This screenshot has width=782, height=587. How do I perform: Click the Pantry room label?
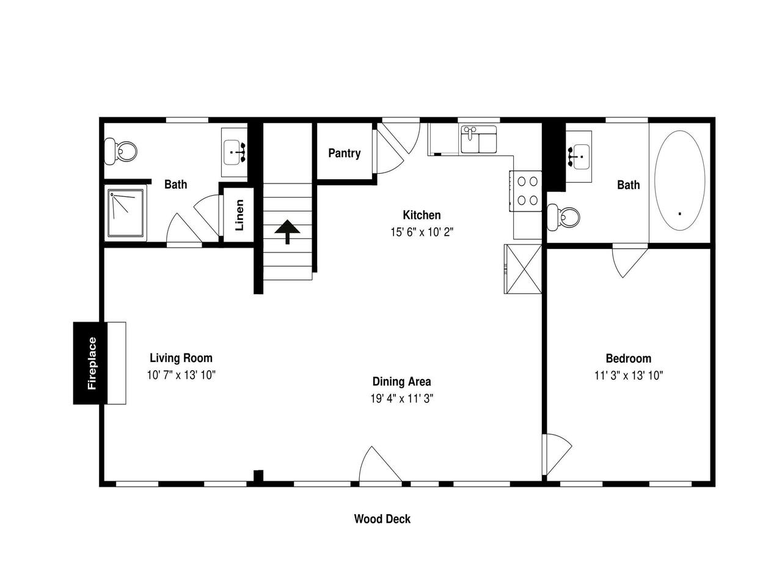[x=344, y=153]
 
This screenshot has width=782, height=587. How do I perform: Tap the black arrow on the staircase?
[x=287, y=231]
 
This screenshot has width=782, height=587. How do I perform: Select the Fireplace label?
[x=92, y=363]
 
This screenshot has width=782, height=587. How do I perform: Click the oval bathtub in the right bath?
[x=679, y=180]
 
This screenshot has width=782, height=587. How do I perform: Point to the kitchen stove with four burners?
[x=525, y=191]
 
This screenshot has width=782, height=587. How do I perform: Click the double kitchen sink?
[x=478, y=139]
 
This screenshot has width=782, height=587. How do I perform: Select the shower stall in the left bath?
[x=126, y=213]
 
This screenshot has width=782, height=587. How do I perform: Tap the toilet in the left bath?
[x=120, y=152]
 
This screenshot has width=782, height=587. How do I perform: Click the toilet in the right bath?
[x=563, y=216]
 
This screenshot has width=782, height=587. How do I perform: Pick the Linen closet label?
[x=239, y=215]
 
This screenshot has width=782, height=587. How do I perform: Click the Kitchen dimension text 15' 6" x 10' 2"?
[x=422, y=232]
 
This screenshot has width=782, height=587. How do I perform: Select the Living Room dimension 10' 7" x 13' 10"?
[x=181, y=375]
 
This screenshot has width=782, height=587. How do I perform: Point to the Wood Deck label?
[x=382, y=519]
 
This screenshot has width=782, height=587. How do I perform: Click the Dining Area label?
[x=401, y=382]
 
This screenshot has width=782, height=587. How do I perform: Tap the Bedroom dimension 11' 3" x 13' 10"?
[x=629, y=375]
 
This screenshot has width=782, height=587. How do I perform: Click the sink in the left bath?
[x=234, y=152]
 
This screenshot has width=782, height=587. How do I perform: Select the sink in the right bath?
[x=579, y=157]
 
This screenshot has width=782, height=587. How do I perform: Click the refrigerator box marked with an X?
[x=522, y=268]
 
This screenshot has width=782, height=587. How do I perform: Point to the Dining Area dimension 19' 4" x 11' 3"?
[x=401, y=398]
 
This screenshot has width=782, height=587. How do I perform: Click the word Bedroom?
[x=629, y=358]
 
